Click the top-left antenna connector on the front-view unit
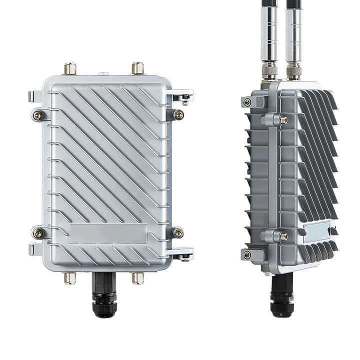(x=69, y=68)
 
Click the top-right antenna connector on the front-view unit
(x=137, y=68)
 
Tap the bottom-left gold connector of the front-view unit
(x=69, y=278)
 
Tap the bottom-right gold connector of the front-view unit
(x=137, y=278)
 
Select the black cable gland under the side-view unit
(x=280, y=297)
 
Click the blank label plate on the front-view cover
(x=108, y=233)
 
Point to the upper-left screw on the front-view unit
(x=38, y=115)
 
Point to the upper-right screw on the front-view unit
(x=178, y=114)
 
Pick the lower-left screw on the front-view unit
(x=38, y=232)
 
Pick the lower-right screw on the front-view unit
(x=178, y=233)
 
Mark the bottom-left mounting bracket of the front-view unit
(x=35, y=248)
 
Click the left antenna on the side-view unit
(x=269, y=35)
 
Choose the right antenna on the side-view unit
(x=294, y=35)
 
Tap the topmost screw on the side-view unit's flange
(x=247, y=102)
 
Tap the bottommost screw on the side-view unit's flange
(x=247, y=254)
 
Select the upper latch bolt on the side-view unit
(x=283, y=120)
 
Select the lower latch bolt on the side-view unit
(x=283, y=236)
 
